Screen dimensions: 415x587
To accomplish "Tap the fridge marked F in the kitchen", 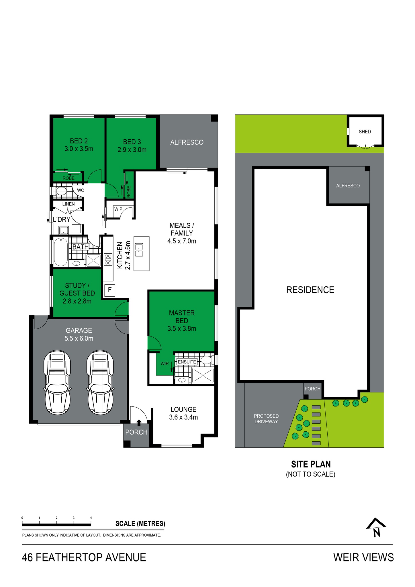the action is point(109,290).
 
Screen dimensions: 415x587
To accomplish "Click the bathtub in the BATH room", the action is point(60,252).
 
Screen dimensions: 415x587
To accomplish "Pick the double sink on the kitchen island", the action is point(139,250).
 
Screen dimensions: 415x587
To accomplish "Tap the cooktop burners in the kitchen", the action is point(108,259).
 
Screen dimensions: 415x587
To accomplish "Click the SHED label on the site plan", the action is point(365,132).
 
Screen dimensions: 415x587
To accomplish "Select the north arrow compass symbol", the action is point(376,527).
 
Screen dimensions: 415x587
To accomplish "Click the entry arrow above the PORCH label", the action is point(139,422).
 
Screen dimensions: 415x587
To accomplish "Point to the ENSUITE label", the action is point(187,362).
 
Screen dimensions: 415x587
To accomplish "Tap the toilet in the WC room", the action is point(61,191).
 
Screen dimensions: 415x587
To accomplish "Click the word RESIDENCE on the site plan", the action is point(310,290).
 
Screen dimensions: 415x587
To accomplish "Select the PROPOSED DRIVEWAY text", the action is point(266,419).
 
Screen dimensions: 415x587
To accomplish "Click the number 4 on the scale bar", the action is point(91,518).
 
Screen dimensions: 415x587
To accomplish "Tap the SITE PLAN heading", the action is point(311,464).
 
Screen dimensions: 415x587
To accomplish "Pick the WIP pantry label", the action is point(118,209).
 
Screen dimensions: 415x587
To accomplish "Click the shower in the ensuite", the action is point(203,375).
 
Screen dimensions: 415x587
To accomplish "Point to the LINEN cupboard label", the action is point(68,204).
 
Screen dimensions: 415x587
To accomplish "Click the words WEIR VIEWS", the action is point(363,557).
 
